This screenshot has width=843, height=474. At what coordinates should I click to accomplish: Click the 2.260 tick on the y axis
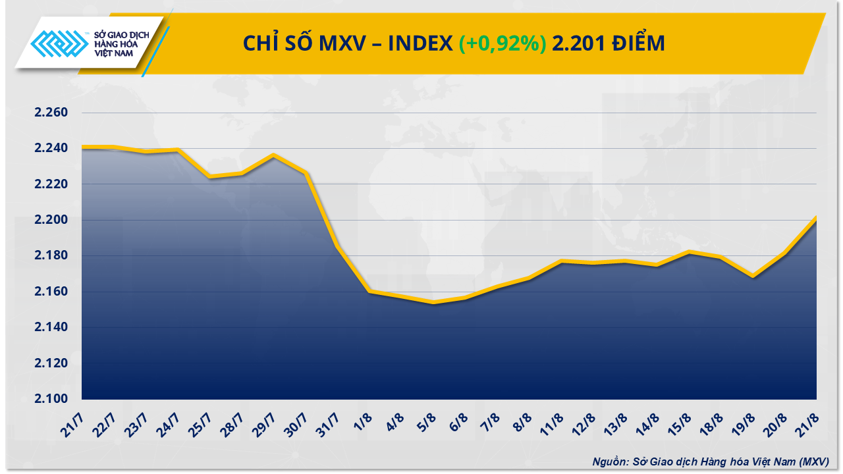(51, 113)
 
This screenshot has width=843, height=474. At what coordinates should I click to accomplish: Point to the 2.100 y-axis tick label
(51, 399)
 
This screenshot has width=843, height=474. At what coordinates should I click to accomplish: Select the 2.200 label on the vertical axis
(51, 220)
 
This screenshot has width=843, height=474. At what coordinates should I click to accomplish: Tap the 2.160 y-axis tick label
(51, 292)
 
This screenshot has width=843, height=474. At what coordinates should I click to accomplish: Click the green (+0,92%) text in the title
(503, 43)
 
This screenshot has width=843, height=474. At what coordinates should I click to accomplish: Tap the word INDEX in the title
(420, 43)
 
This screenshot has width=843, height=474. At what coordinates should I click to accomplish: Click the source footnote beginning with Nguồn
(710, 461)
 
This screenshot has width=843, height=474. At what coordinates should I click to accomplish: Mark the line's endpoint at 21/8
(817, 217)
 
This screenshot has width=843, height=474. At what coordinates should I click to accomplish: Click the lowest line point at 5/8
(433, 302)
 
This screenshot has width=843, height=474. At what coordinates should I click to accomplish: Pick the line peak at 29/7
(273, 155)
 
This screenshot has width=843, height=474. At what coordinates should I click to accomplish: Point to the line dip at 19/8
(753, 276)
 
